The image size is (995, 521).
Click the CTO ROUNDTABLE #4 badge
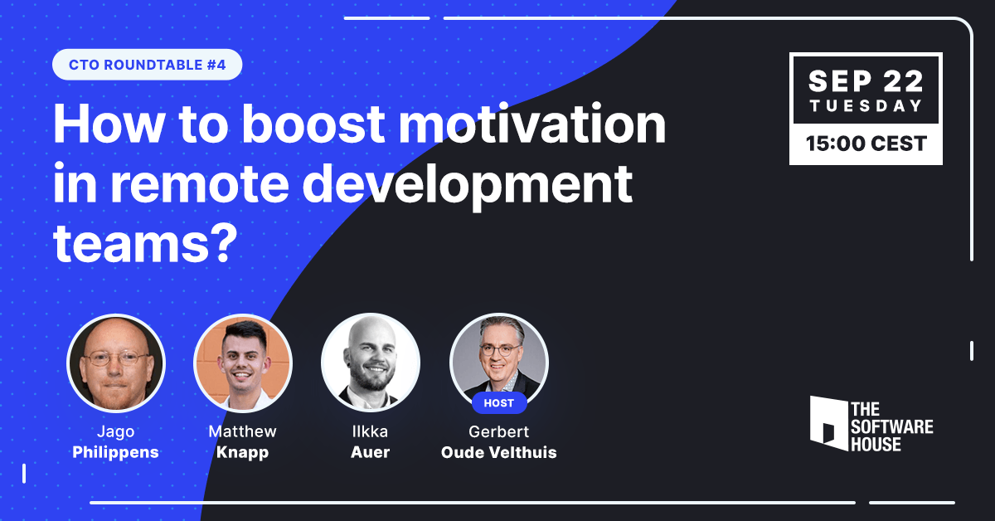click(x=147, y=65)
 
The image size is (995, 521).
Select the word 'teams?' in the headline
click(x=145, y=244)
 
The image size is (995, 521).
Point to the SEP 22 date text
click(x=866, y=81)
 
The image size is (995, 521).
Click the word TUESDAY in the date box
click(x=866, y=106)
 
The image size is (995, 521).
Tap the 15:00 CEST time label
click(x=866, y=144)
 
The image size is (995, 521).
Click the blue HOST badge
click(x=499, y=402)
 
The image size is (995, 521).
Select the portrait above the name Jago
click(x=116, y=363)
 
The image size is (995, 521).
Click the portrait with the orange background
click(x=242, y=363)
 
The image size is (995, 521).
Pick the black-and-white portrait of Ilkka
click(x=371, y=363)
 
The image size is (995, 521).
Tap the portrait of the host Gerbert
click(x=499, y=360)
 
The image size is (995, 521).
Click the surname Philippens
click(x=115, y=452)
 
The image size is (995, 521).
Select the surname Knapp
click(x=242, y=452)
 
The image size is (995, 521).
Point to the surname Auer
click(x=370, y=452)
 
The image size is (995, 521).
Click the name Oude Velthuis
click(x=499, y=452)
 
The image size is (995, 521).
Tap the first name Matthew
click(x=242, y=431)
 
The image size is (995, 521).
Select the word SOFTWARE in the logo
click(x=892, y=426)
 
